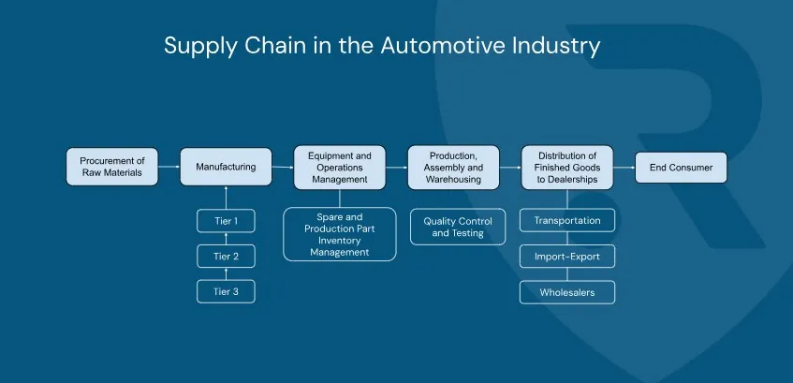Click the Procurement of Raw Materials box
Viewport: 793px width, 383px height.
pos(112,167)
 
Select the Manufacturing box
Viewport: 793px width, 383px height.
pos(226,167)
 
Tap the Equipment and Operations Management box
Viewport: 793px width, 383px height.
pos(340,167)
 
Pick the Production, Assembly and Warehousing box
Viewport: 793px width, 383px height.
pos(454,167)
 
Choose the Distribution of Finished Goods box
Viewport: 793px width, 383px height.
pos(568,167)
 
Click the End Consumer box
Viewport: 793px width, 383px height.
pos(681,167)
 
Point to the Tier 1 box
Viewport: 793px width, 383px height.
pos(226,221)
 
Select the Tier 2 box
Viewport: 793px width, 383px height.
pos(226,256)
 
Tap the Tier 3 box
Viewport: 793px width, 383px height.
pos(226,291)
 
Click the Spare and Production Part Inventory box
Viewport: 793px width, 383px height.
pos(340,234)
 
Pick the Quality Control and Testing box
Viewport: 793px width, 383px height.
pos(458,227)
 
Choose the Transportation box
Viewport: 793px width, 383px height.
pos(568,221)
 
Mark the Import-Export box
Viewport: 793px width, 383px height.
pos(568,256)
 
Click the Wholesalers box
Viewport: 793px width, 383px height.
pos(568,292)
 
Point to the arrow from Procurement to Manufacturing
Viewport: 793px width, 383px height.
pos(169,167)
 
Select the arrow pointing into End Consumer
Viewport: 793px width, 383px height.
pos(624,167)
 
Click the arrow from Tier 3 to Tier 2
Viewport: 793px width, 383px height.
pos(226,273)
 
